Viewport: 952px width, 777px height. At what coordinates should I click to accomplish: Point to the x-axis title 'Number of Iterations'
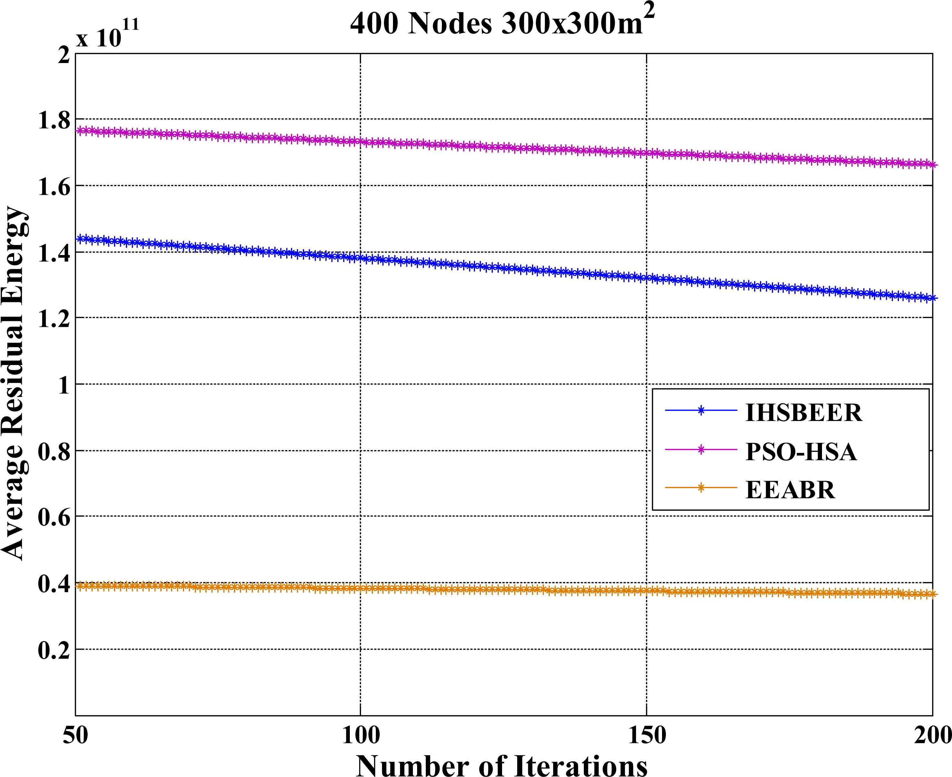coord(501,764)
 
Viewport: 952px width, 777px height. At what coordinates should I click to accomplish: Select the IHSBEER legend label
coord(803,413)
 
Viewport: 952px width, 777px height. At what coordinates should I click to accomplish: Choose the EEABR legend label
coord(790,490)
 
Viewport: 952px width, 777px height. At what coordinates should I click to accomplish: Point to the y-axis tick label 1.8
coord(54,120)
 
